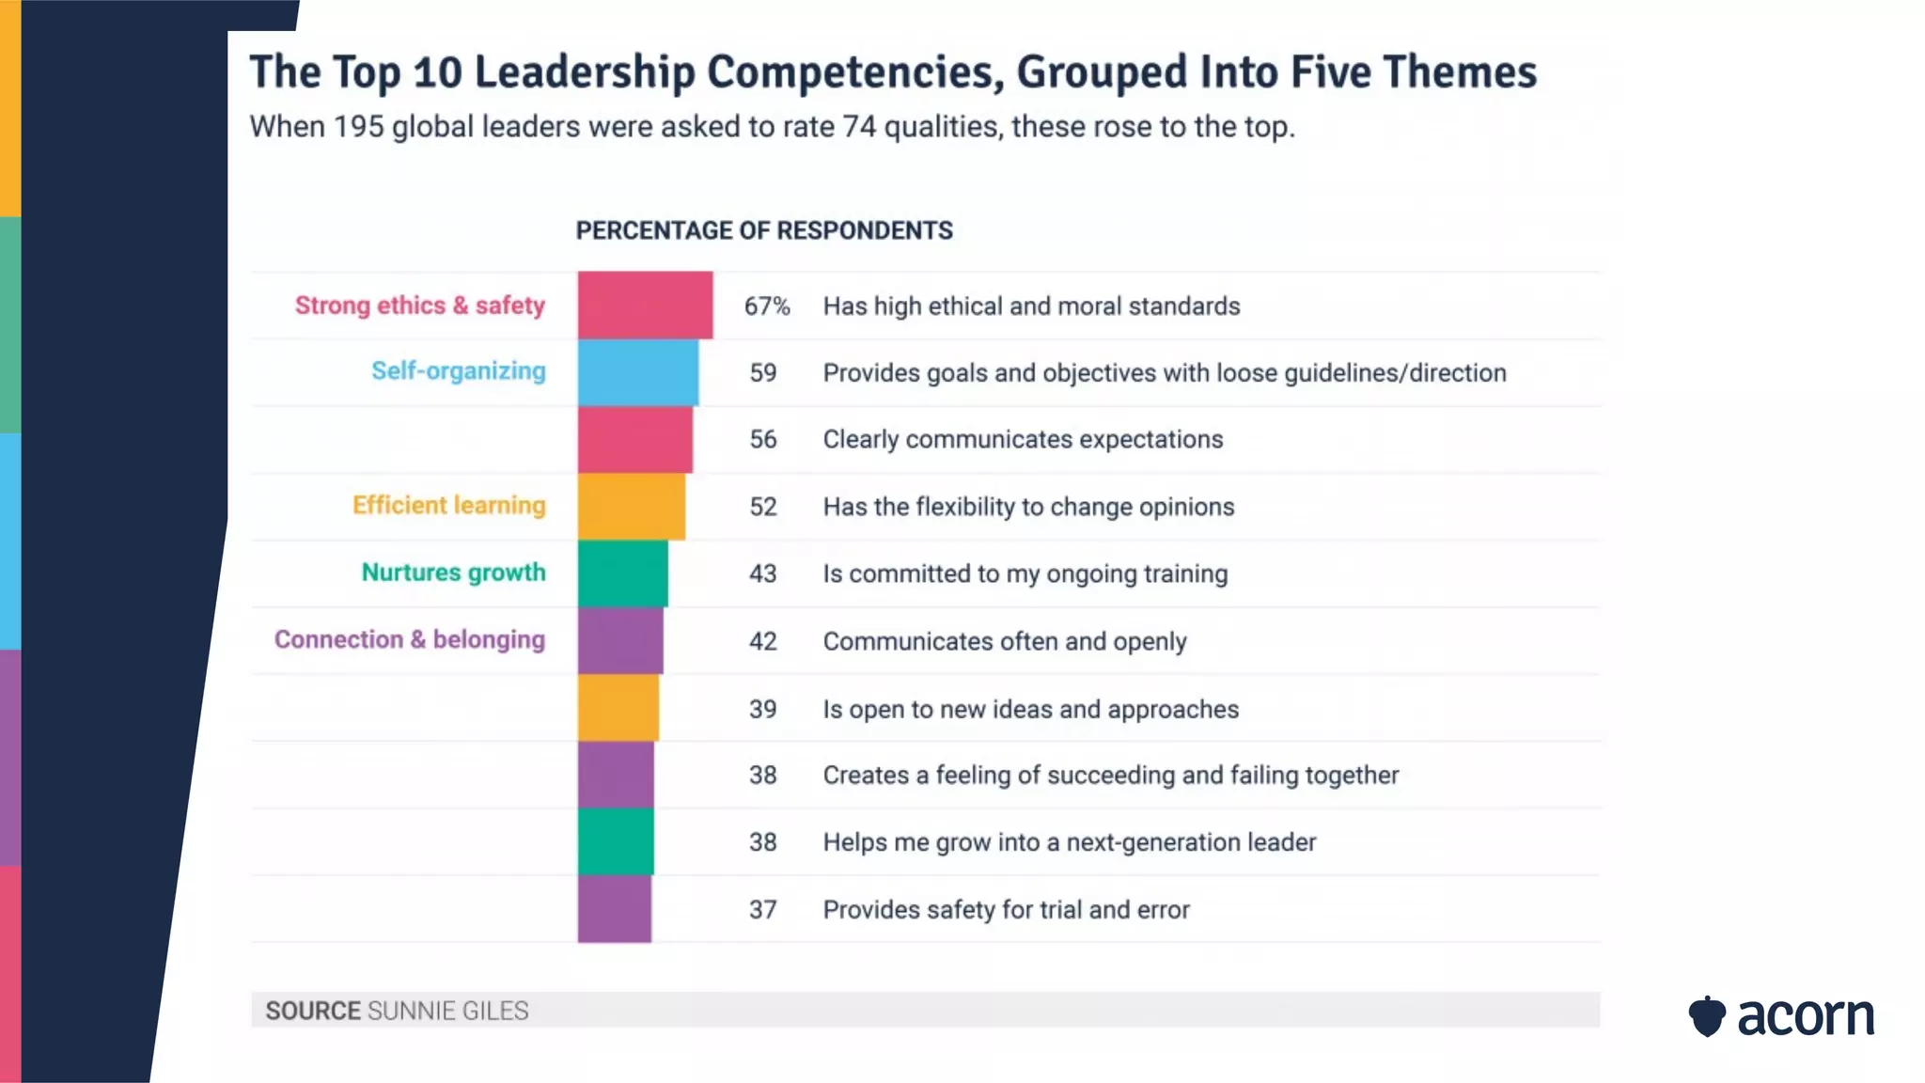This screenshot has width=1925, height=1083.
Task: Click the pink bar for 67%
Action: click(645, 305)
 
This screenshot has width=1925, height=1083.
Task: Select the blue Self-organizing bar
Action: click(637, 372)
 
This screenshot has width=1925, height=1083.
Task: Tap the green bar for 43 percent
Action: click(622, 573)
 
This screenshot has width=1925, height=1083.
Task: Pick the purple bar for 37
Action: click(614, 909)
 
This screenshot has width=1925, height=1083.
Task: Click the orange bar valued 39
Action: click(618, 708)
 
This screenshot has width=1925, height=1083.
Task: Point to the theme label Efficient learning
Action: click(448, 506)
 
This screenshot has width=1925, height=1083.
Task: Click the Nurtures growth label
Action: click(453, 573)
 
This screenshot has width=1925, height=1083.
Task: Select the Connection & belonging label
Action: click(409, 640)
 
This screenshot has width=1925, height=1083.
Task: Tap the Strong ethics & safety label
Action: click(419, 306)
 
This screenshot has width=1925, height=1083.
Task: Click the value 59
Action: click(762, 373)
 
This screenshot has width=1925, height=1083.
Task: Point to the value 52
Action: click(762, 507)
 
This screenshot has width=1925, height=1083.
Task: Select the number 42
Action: click(762, 641)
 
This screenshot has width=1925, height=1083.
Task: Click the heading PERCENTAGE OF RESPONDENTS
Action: click(763, 230)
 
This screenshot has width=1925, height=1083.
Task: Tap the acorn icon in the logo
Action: click(1706, 1016)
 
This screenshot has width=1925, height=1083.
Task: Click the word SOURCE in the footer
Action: click(312, 1011)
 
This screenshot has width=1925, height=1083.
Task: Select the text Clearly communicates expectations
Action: click(1023, 439)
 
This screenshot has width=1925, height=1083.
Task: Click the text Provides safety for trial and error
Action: click(1006, 910)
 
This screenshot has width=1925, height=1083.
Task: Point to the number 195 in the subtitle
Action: click(358, 126)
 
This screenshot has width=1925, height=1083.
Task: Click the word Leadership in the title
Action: click(584, 72)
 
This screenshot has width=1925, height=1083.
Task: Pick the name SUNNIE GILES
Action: click(447, 1011)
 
